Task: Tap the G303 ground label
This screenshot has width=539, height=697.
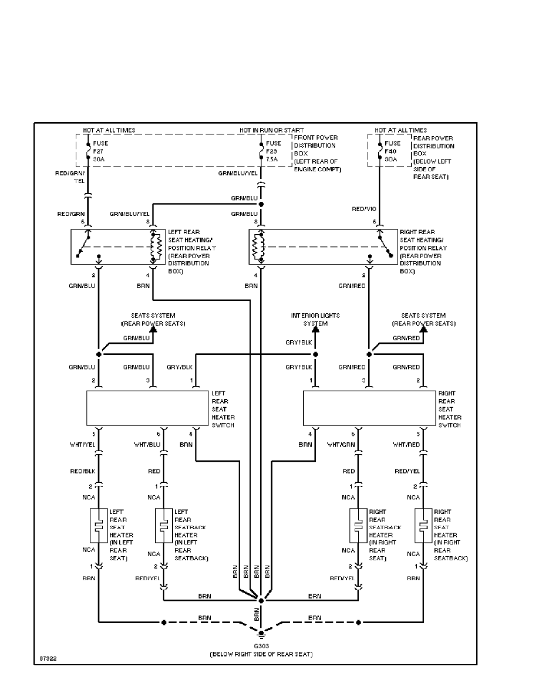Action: click(x=261, y=646)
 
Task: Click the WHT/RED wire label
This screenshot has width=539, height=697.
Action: click(x=406, y=444)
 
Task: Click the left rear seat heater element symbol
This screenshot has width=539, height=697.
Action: click(x=99, y=525)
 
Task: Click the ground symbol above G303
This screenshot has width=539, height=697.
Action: click(x=261, y=632)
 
